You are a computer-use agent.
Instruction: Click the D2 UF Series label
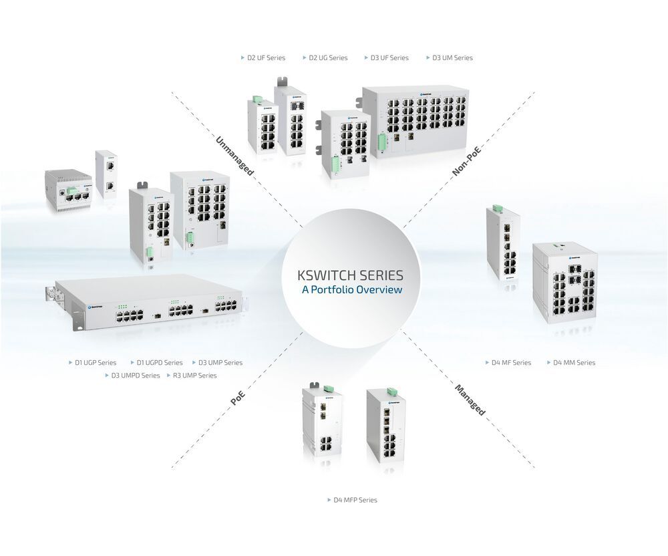(x=266, y=58)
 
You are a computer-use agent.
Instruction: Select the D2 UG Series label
(x=328, y=58)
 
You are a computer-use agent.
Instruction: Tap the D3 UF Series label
(x=389, y=58)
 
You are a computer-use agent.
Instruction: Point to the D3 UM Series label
(x=452, y=58)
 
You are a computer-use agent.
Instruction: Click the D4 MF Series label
(x=511, y=363)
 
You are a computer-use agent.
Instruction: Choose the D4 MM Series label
(x=574, y=363)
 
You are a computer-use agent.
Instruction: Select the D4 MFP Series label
(x=355, y=500)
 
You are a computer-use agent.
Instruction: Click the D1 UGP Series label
(x=96, y=363)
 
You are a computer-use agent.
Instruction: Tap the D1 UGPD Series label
(x=159, y=363)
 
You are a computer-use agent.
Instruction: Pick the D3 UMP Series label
(x=220, y=363)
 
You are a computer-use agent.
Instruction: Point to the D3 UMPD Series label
(x=135, y=376)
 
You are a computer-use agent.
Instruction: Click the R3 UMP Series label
(x=194, y=376)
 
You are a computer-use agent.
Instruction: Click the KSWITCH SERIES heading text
(x=350, y=275)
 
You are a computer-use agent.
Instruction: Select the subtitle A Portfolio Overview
(x=352, y=290)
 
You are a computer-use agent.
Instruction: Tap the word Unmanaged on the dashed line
(x=234, y=156)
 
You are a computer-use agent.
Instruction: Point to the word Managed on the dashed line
(x=470, y=400)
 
